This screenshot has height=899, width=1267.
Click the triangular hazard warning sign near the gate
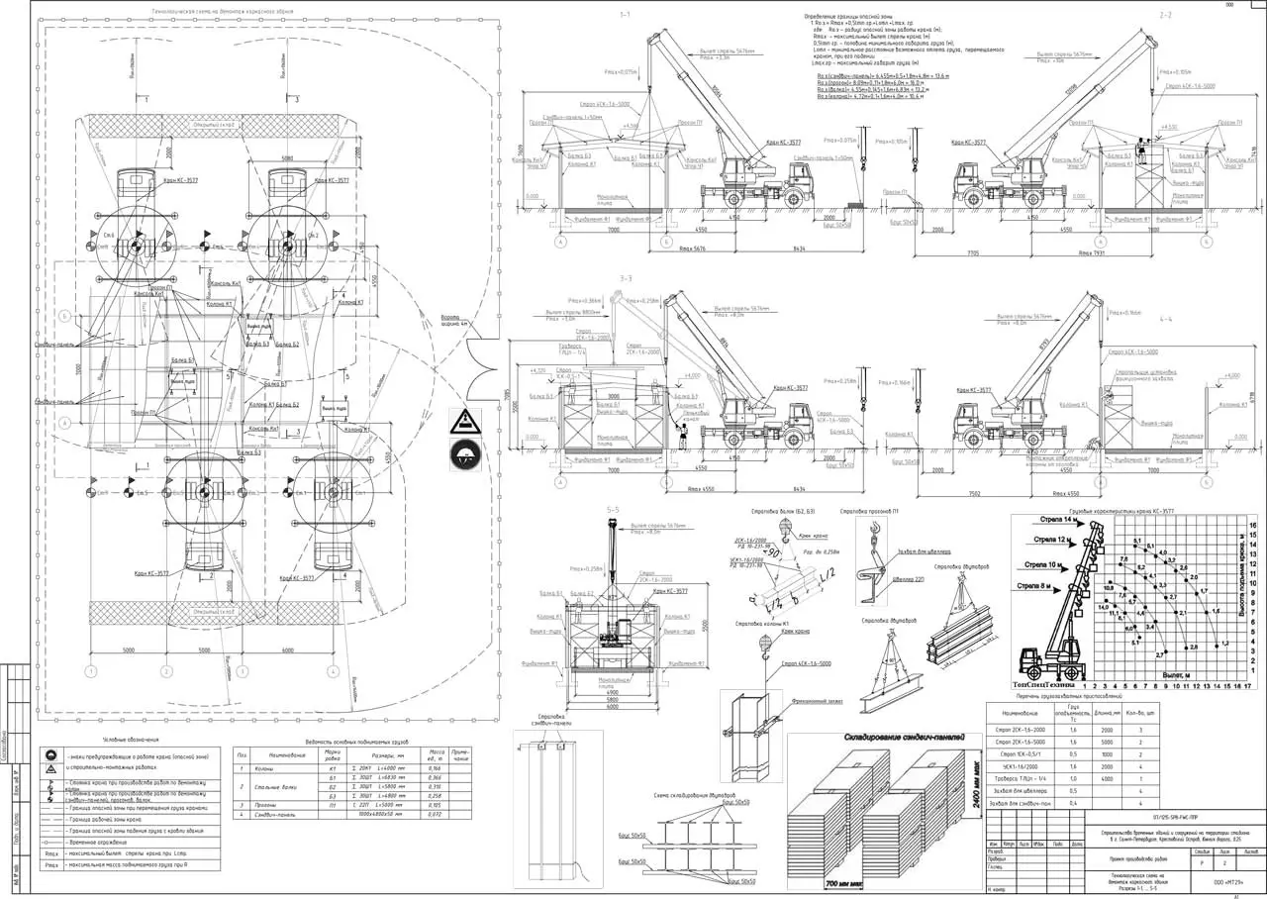click(x=463, y=422)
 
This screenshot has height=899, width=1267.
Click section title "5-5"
click(x=613, y=509)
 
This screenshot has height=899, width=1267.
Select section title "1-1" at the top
click(x=624, y=15)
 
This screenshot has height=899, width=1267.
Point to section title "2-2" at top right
click(x=1165, y=15)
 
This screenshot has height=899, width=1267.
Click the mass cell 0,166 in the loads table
click(x=432, y=768)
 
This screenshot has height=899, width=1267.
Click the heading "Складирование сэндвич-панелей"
click(x=898, y=736)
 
